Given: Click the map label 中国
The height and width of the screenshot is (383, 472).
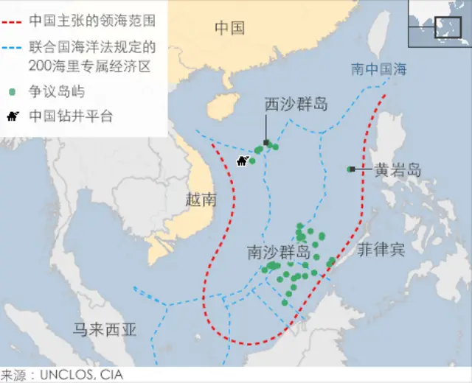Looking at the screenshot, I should (229, 29).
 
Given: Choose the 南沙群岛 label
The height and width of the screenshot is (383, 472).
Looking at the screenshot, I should (278, 253).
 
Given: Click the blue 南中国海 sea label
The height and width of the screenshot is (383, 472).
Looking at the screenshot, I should (379, 70).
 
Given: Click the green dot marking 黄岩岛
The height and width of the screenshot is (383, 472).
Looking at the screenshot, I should (350, 169).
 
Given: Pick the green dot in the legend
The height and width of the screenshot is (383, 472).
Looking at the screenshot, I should (13, 94).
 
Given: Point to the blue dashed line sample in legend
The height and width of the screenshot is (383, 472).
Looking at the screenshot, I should (13, 46).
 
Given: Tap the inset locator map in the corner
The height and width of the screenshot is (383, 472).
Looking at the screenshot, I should (440, 21).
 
